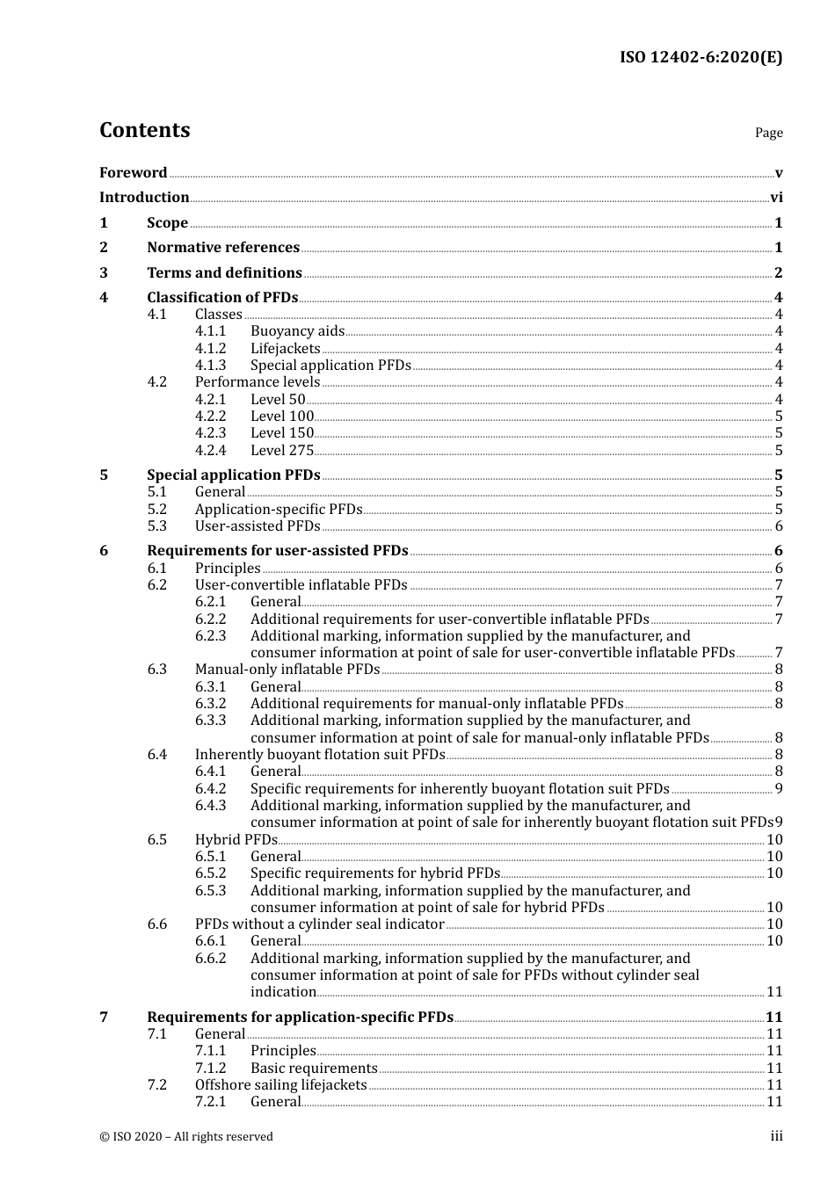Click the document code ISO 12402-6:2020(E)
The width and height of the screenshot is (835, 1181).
click(x=701, y=58)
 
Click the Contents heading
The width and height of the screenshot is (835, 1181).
click(x=144, y=130)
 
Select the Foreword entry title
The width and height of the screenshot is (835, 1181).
click(x=133, y=173)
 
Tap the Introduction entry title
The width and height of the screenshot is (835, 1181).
click(x=144, y=198)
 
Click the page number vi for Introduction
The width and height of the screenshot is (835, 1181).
click(x=776, y=198)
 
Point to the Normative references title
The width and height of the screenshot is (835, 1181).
click(x=223, y=248)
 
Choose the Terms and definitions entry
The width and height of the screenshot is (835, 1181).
click(x=224, y=273)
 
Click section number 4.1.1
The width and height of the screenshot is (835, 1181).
click(x=210, y=331)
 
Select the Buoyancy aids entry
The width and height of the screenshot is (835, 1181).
click(x=297, y=331)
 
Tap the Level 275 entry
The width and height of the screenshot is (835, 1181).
click(x=281, y=451)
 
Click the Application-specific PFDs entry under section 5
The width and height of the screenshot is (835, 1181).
click(x=278, y=510)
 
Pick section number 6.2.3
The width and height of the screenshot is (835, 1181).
click(x=210, y=636)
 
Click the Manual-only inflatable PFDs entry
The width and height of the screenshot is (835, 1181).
click(x=287, y=670)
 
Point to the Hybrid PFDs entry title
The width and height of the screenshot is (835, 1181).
click(x=236, y=840)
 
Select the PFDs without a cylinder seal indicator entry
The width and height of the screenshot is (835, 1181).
click(x=319, y=924)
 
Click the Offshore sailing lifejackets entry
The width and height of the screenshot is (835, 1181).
click(x=280, y=1085)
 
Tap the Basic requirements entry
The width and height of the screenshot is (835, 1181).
click(x=314, y=1069)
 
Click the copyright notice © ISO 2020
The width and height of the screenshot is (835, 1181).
click(x=186, y=1137)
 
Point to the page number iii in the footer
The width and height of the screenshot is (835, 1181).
click(x=776, y=1137)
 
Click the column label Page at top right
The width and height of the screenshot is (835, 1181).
click(x=768, y=134)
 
